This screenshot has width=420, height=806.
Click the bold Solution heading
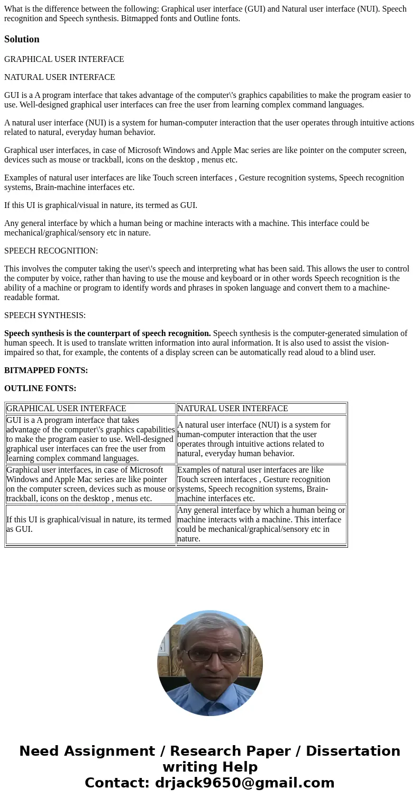coord(22,39)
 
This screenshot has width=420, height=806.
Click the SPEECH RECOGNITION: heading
coord(51,251)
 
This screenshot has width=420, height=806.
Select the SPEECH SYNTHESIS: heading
coord(45,315)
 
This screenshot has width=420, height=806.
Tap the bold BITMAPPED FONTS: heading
coord(46,370)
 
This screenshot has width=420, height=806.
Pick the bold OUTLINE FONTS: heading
coord(40,388)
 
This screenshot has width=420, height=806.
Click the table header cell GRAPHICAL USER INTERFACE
coord(66,409)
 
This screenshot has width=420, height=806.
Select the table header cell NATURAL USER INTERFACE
coord(232,409)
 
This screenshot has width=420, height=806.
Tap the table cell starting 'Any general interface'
coord(261,524)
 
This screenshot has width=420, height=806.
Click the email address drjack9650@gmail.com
coord(244,783)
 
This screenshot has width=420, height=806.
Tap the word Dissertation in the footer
coord(353,751)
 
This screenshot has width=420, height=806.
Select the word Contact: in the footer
coord(117,783)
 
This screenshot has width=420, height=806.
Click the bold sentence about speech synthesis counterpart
coord(107,333)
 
